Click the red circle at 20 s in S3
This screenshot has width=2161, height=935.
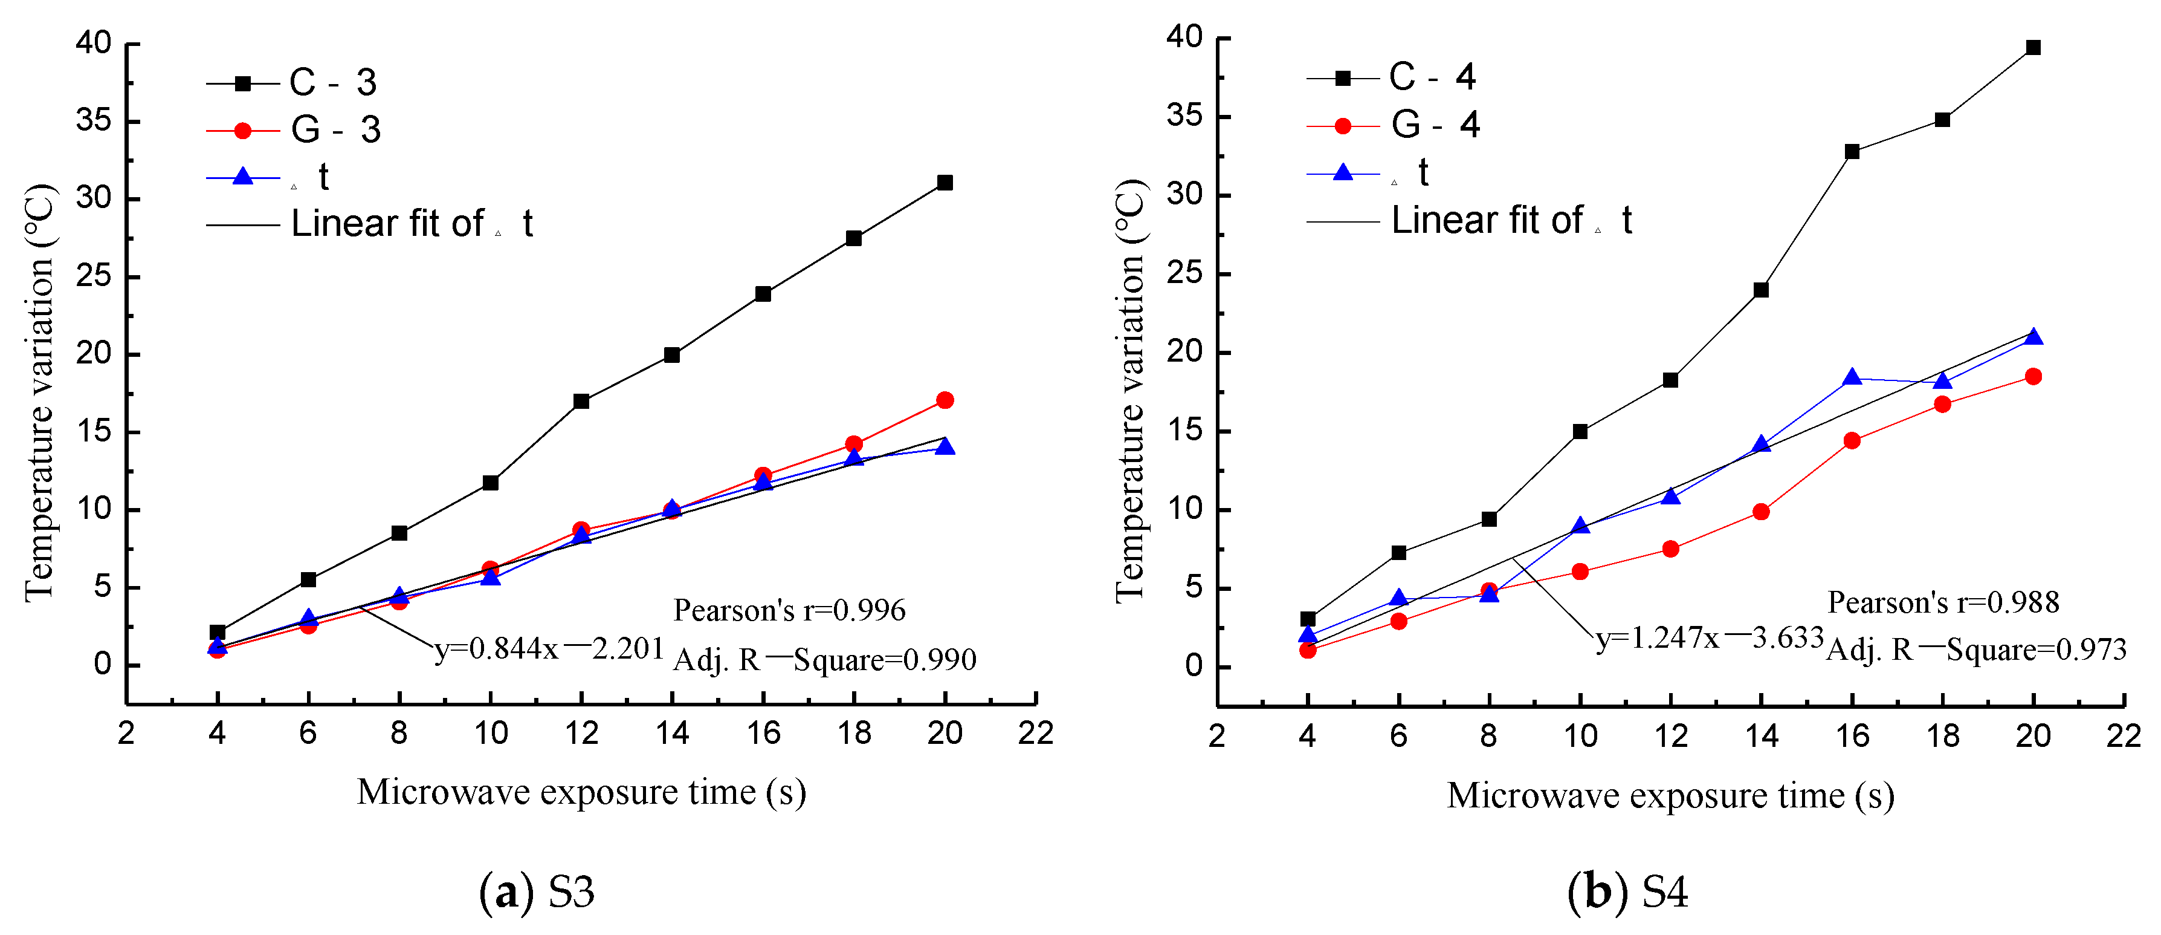click(x=945, y=400)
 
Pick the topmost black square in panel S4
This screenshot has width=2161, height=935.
click(x=2033, y=48)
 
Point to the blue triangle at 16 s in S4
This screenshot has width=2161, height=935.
click(x=1852, y=378)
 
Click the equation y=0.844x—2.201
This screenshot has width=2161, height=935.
click(x=549, y=649)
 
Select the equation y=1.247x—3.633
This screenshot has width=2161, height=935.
click(x=1710, y=639)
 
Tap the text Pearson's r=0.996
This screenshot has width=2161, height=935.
click(x=789, y=610)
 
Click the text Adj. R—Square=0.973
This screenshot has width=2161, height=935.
click(x=1975, y=650)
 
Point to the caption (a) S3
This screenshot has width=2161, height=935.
click(x=536, y=891)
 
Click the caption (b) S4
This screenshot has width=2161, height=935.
click(x=1627, y=891)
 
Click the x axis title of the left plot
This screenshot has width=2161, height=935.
click(x=581, y=793)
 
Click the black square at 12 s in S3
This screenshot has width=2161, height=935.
click(x=581, y=401)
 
